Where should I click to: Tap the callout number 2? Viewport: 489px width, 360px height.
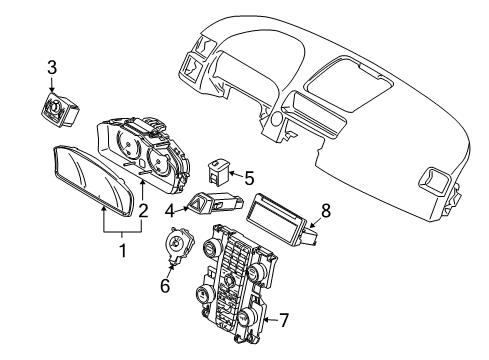pos(143,211)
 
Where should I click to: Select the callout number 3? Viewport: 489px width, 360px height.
pos(52,68)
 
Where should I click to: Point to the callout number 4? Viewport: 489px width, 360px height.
pos(171,210)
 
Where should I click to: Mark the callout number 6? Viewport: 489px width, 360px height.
pos(167,284)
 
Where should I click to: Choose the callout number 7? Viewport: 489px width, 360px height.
pos(284,321)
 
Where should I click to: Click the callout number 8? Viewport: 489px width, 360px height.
pos(323,212)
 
